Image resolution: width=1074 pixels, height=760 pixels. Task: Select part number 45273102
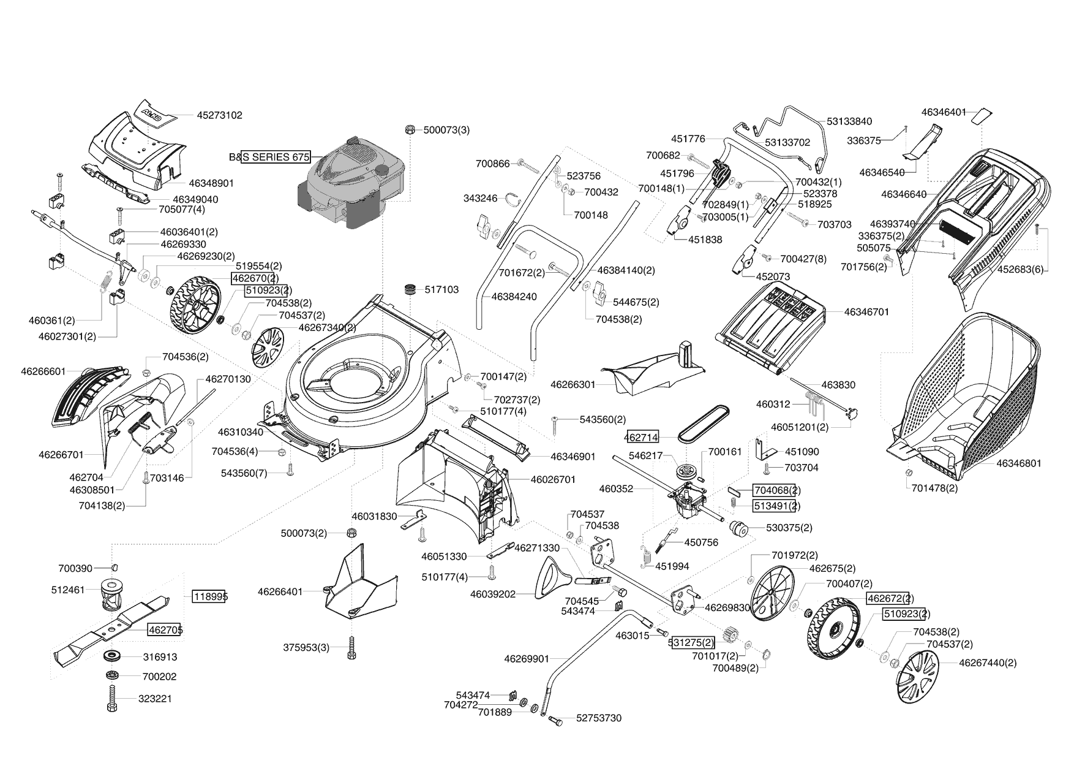pyautogui.click(x=219, y=115)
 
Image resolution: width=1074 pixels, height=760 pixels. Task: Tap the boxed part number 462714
pyautogui.click(x=641, y=437)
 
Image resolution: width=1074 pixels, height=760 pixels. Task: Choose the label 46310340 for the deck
pyautogui.click(x=240, y=432)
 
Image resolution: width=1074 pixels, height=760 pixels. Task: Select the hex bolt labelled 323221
pyautogui.click(x=112, y=699)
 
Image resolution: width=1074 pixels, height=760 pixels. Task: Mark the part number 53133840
pyautogui.click(x=849, y=121)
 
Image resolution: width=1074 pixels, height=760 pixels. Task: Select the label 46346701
pyautogui.click(x=866, y=312)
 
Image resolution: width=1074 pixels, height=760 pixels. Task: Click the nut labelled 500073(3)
pyautogui.click(x=410, y=130)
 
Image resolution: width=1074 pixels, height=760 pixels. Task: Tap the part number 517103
pyautogui.click(x=441, y=289)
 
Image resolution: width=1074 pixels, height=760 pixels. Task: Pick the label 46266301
pyautogui.click(x=573, y=385)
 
